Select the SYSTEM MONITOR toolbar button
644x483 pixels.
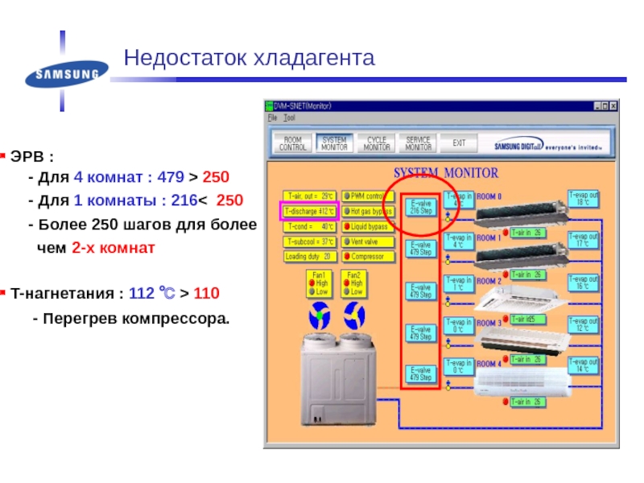click(x=333, y=143)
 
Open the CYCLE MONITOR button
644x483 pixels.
click(x=376, y=143)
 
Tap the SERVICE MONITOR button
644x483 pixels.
click(x=419, y=143)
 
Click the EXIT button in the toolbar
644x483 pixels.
click(x=460, y=143)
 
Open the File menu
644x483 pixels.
click(x=272, y=118)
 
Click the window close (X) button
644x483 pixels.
click(x=613, y=106)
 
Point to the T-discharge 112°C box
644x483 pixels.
click(x=309, y=212)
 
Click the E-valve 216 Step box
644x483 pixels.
click(x=421, y=206)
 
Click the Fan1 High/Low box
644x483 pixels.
click(x=321, y=283)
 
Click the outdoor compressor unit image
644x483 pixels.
click(x=337, y=370)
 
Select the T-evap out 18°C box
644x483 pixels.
click(x=584, y=198)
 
